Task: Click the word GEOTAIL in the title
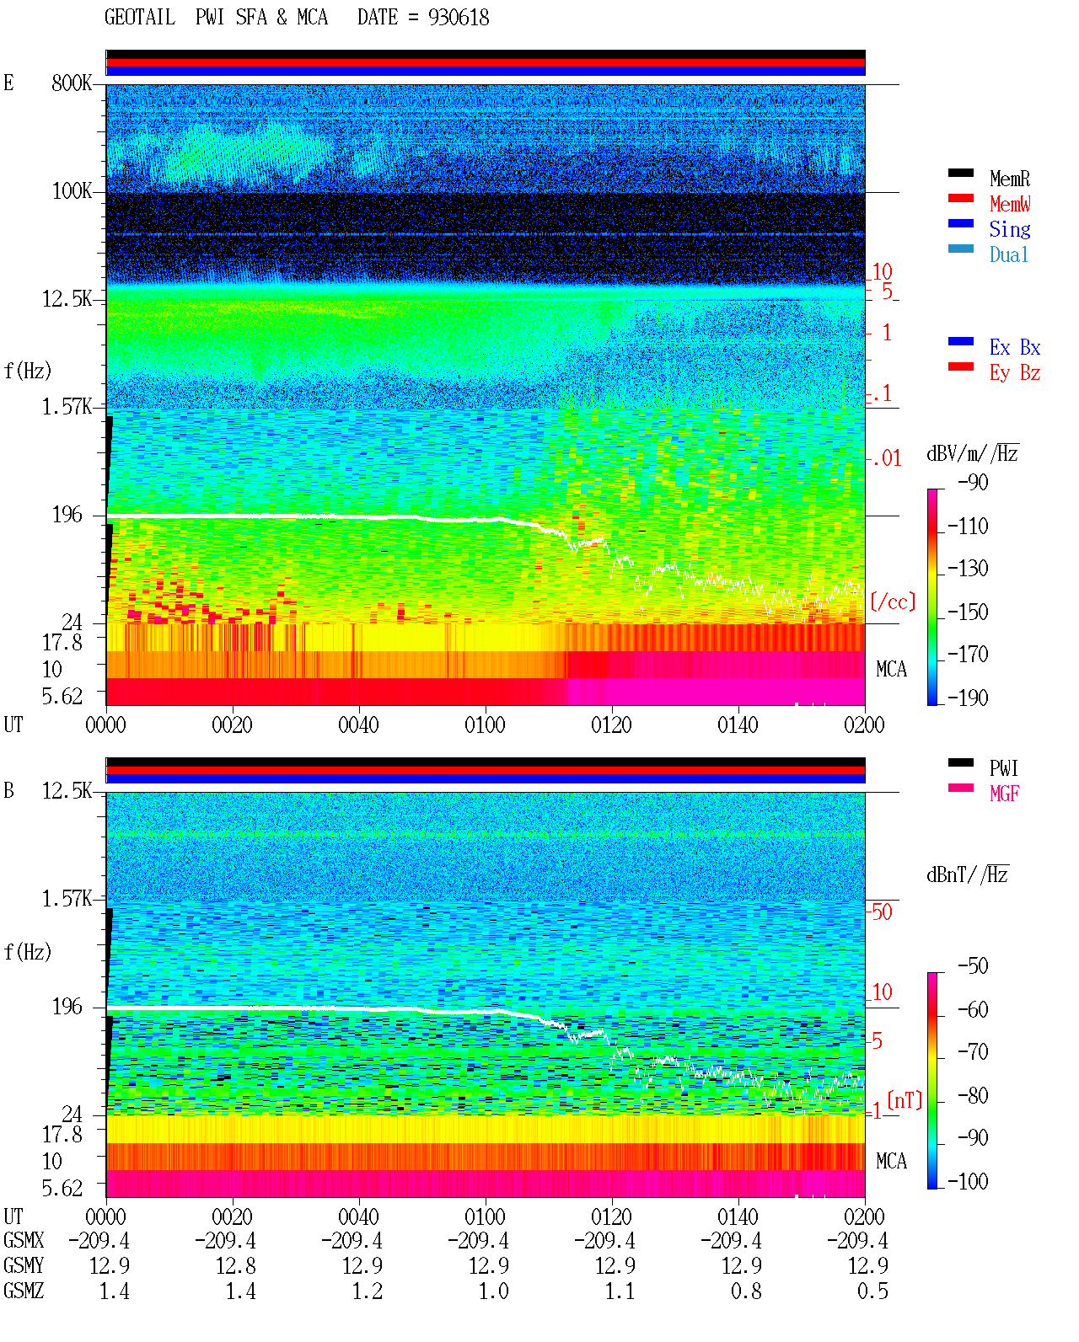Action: pos(140,18)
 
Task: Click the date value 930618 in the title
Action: pos(459,18)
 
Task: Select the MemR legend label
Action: pos(1010,179)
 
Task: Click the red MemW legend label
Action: pos(1010,204)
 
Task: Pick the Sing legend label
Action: pos(1010,229)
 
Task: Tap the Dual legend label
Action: pos(1009,254)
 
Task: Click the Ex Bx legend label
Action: pos(1015,347)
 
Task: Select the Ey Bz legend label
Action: pos(1015,373)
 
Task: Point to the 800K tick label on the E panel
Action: pos(72,83)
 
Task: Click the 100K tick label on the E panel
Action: pos(72,191)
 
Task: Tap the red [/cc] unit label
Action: pos(893,601)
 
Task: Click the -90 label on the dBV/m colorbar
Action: pos(973,482)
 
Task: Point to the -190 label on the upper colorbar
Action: pos(968,698)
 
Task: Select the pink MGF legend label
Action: pos(1005,794)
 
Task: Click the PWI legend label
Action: pos(1004,767)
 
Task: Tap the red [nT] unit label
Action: pos(905,1100)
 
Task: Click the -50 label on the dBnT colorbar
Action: pos(973,966)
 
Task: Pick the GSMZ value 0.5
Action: pos(872,1291)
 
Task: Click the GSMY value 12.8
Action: pos(236,1266)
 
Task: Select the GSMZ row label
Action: pos(24,1291)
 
